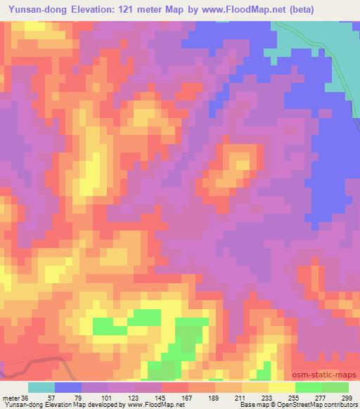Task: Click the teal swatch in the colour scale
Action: coord(41,387)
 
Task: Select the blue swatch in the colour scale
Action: coord(68,387)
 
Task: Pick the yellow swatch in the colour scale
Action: coord(281,387)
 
